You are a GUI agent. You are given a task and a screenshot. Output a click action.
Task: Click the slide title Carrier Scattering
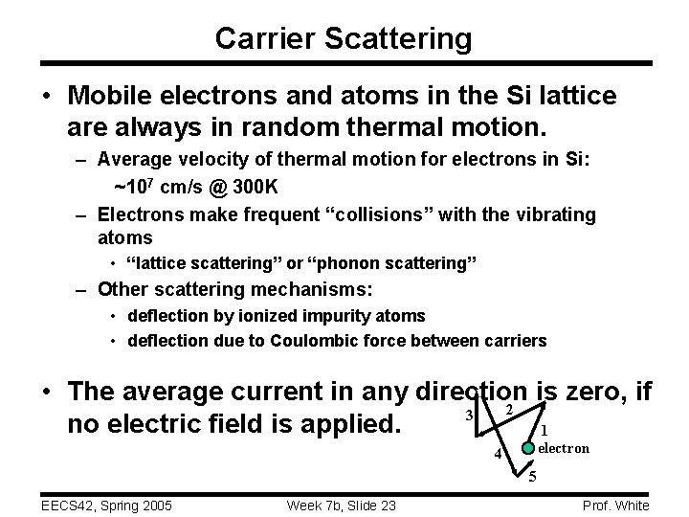pyautogui.click(x=344, y=38)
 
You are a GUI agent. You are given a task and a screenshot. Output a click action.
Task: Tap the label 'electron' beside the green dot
pyautogui.click(x=564, y=448)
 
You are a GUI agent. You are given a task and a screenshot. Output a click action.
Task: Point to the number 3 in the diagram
pyautogui.click(x=467, y=415)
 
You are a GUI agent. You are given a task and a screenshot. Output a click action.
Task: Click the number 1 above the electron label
pyautogui.click(x=545, y=429)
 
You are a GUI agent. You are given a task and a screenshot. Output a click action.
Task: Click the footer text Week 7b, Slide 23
pyautogui.click(x=342, y=505)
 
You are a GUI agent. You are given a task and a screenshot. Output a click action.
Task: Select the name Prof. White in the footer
pyautogui.click(x=614, y=505)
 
